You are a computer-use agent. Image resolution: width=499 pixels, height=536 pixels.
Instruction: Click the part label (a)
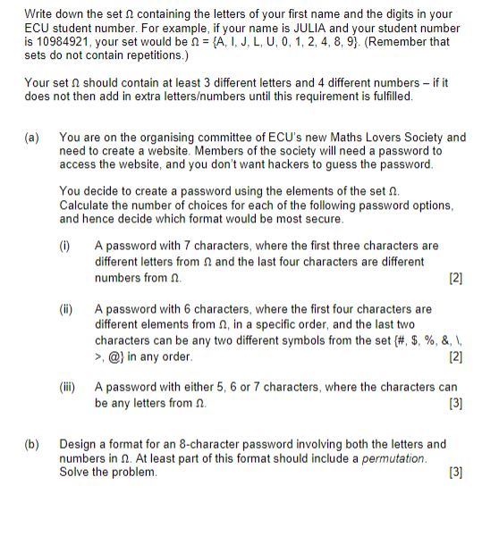pyautogui.click(x=31, y=138)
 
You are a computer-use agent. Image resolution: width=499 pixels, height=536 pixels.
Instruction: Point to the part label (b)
pyautogui.click(x=31, y=444)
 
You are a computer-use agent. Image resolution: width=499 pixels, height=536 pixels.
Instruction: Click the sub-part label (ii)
pyautogui.click(x=65, y=309)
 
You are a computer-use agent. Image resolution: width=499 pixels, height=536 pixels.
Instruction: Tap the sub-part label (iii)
pyautogui.click(x=67, y=388)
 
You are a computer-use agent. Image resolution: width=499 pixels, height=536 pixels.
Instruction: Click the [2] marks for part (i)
pyautogui.click(x=457, y=279)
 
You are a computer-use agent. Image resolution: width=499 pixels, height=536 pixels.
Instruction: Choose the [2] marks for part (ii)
pyautogui.click(x=457, y=357)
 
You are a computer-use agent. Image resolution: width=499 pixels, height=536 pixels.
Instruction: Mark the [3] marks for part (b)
pyautogui.click(x=457, y=472)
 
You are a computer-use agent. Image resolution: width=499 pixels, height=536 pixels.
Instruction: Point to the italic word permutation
pyautogui.click(x=394, y=458)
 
